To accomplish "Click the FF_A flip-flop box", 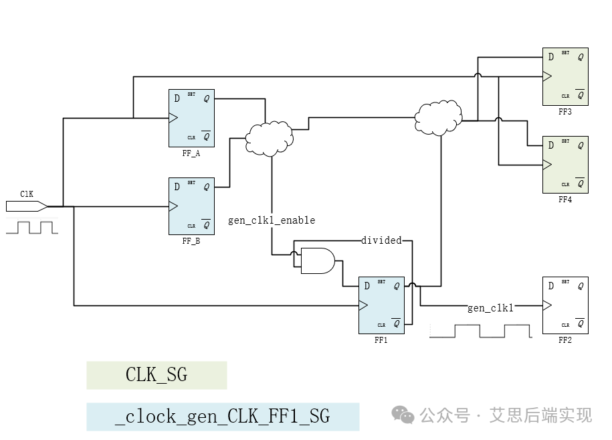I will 191,118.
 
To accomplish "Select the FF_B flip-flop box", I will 191,206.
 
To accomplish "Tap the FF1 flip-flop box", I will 381,305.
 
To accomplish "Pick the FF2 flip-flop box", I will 565,305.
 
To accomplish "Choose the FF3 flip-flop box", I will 565,76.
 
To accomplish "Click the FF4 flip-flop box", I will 565,165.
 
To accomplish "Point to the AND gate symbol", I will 317,261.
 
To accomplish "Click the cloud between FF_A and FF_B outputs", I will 269,137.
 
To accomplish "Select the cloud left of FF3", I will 438,118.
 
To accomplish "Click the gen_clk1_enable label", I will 272,220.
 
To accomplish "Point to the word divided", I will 381,240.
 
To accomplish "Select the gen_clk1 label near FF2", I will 490,307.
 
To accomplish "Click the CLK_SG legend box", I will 157,375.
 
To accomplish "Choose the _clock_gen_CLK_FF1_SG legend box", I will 223,417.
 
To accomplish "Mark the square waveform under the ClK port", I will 32,227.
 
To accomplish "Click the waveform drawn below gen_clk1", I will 480,331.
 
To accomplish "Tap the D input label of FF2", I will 550,286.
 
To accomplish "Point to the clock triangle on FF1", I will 363,305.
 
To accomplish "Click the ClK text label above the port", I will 27,194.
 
